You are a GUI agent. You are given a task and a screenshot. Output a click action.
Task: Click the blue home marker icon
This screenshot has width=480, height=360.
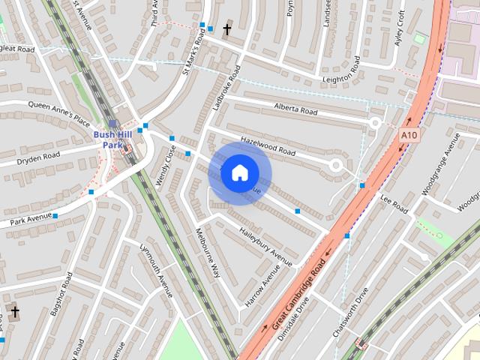[x=239, y=173]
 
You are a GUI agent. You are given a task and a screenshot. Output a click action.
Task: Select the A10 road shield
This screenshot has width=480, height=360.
[x=408, y=135]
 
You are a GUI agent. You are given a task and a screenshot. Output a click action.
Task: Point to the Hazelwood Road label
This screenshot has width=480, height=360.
[x=268, y=146]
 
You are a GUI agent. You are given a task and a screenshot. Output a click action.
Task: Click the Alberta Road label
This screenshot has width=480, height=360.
[x=296, y=109]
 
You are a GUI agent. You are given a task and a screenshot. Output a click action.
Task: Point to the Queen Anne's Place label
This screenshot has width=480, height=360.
[x=58, y=112]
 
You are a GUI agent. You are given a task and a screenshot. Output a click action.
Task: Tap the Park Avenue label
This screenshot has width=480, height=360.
[x=31, y=219]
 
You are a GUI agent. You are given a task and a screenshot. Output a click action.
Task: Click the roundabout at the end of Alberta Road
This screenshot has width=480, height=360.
[x=375, y=122]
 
